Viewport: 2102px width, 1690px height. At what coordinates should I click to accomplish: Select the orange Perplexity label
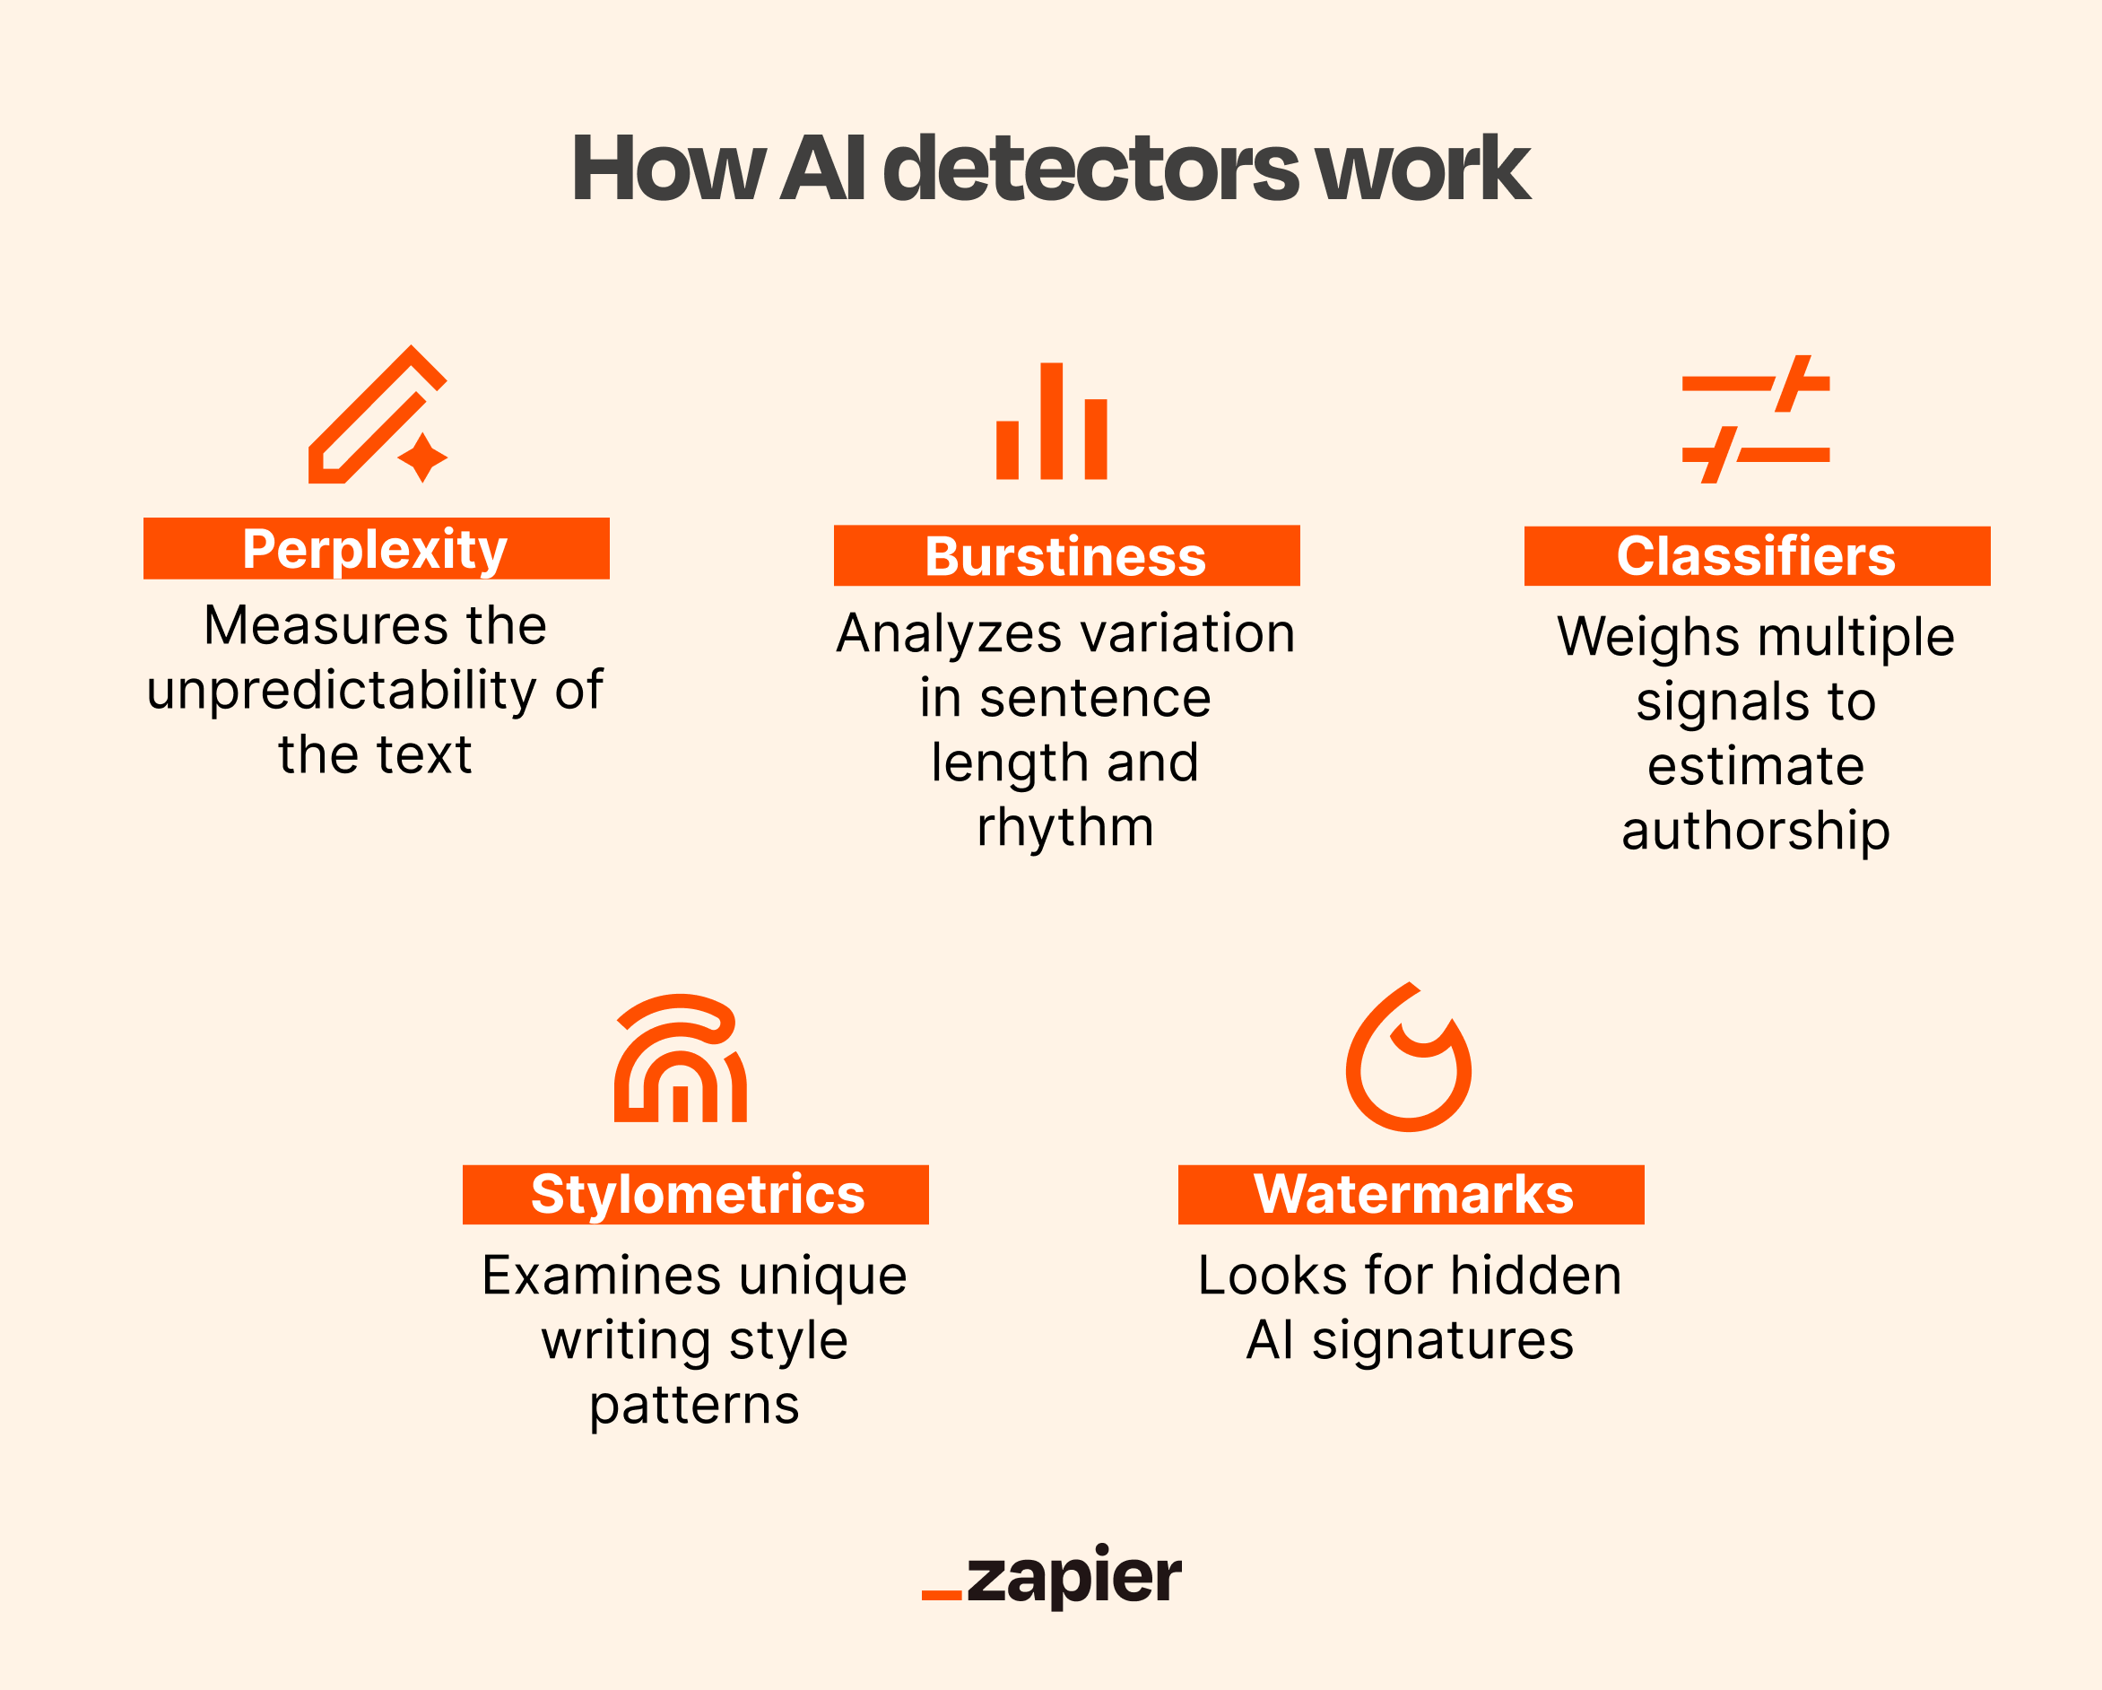377,548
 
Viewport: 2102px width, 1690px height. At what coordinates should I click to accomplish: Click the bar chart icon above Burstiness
1051,422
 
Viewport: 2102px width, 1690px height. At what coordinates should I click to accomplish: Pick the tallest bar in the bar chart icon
1051,422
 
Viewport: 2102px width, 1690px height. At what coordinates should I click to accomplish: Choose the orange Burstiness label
1065,556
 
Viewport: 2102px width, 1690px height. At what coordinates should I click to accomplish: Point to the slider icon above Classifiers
1755,419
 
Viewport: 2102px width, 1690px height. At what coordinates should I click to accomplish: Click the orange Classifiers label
1756,556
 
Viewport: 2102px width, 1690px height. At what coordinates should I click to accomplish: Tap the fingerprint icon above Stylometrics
680,1059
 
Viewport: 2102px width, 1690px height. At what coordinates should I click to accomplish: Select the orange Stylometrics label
695,1194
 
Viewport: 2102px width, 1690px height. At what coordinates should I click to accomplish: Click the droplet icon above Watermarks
1408,1059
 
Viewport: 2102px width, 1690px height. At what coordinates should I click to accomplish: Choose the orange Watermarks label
1411,1194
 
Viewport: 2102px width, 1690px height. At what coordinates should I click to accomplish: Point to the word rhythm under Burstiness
1065,827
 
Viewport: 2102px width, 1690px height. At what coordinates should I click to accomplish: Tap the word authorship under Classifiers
1755,831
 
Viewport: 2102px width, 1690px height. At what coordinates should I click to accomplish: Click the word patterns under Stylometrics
694,1406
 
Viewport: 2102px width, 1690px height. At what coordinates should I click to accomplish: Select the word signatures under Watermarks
1443,1340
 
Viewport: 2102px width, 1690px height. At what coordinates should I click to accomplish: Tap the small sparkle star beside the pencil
422,457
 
